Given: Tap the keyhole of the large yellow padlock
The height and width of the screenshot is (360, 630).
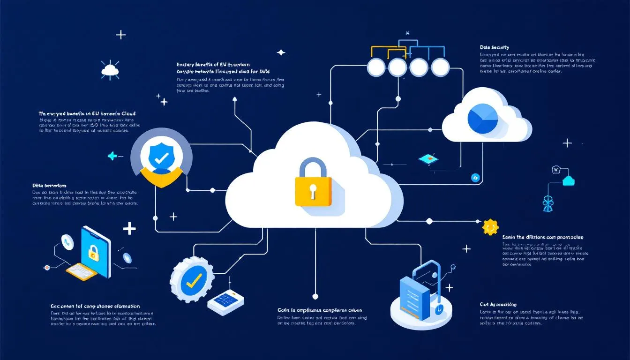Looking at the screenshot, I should click(313, 189).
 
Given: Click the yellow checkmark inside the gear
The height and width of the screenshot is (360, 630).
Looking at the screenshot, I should click(193, 280).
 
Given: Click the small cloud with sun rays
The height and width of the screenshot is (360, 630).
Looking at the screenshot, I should click(110, 70).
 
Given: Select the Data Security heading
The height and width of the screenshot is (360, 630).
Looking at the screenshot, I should click(494, 47).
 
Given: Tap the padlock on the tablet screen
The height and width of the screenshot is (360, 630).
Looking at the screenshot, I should click(94, 253).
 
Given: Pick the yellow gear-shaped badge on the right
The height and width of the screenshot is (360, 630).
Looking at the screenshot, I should click(489, 227).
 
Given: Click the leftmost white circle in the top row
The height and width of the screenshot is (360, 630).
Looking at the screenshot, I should click(376, 67).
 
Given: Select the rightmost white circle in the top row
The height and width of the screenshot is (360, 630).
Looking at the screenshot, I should click(440, 67).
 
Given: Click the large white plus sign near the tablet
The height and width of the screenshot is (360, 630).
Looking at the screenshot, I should click(129, 229).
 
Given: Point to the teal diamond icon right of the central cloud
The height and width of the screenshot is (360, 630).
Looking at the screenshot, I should click(428, 160).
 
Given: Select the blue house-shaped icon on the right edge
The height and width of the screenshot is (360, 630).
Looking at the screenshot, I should click(570, 180).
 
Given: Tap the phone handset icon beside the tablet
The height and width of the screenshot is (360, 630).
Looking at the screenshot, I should click(67, 242).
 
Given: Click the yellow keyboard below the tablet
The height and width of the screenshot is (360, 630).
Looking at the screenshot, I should click(81, 271).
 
